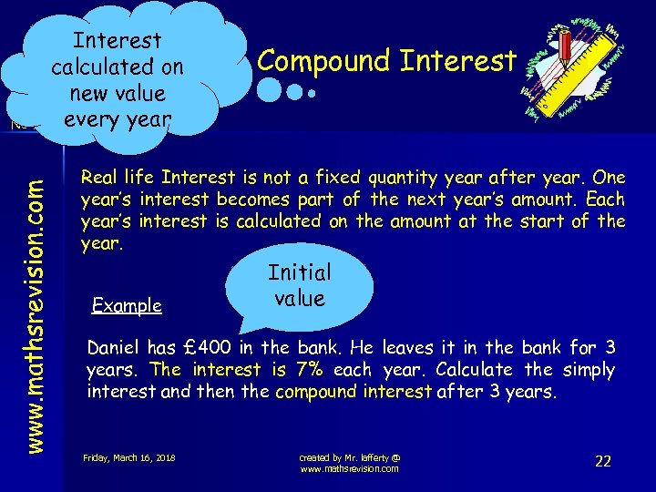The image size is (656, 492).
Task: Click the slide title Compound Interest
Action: [387, 60]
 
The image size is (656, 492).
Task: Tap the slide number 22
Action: [602, 461]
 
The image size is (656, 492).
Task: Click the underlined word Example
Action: [127, 305]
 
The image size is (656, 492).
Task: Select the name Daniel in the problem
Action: [116, 347]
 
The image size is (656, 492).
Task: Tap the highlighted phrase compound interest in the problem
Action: [353, 391]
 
